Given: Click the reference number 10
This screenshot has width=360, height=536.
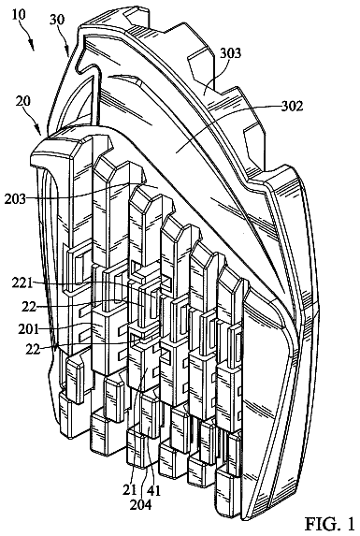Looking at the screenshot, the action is pyautogui.click(x=18, y=15).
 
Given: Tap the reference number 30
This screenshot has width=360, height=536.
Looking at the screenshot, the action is pyautogui.click(x=56, y=20).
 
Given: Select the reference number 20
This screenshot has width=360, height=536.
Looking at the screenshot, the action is pyautogui.click(x=22, y=101).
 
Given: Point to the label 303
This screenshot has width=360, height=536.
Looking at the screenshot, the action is pyautogui.click(x=230, y=52).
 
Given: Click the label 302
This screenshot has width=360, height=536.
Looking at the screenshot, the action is pyautogui.click(x=292, y=106).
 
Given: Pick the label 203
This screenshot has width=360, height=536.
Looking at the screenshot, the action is pyautogui.click(x=15, y=198).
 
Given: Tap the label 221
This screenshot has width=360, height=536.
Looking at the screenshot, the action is pyautogui.click(x=22, y=283).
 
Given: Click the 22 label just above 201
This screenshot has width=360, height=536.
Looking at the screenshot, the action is pyautogui.click(x=29, y=307).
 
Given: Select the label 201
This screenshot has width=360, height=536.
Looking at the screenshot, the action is pyautogui.click(x=29, y=329).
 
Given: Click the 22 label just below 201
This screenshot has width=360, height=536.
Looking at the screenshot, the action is pyautogui.click(x=34, y=350).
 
